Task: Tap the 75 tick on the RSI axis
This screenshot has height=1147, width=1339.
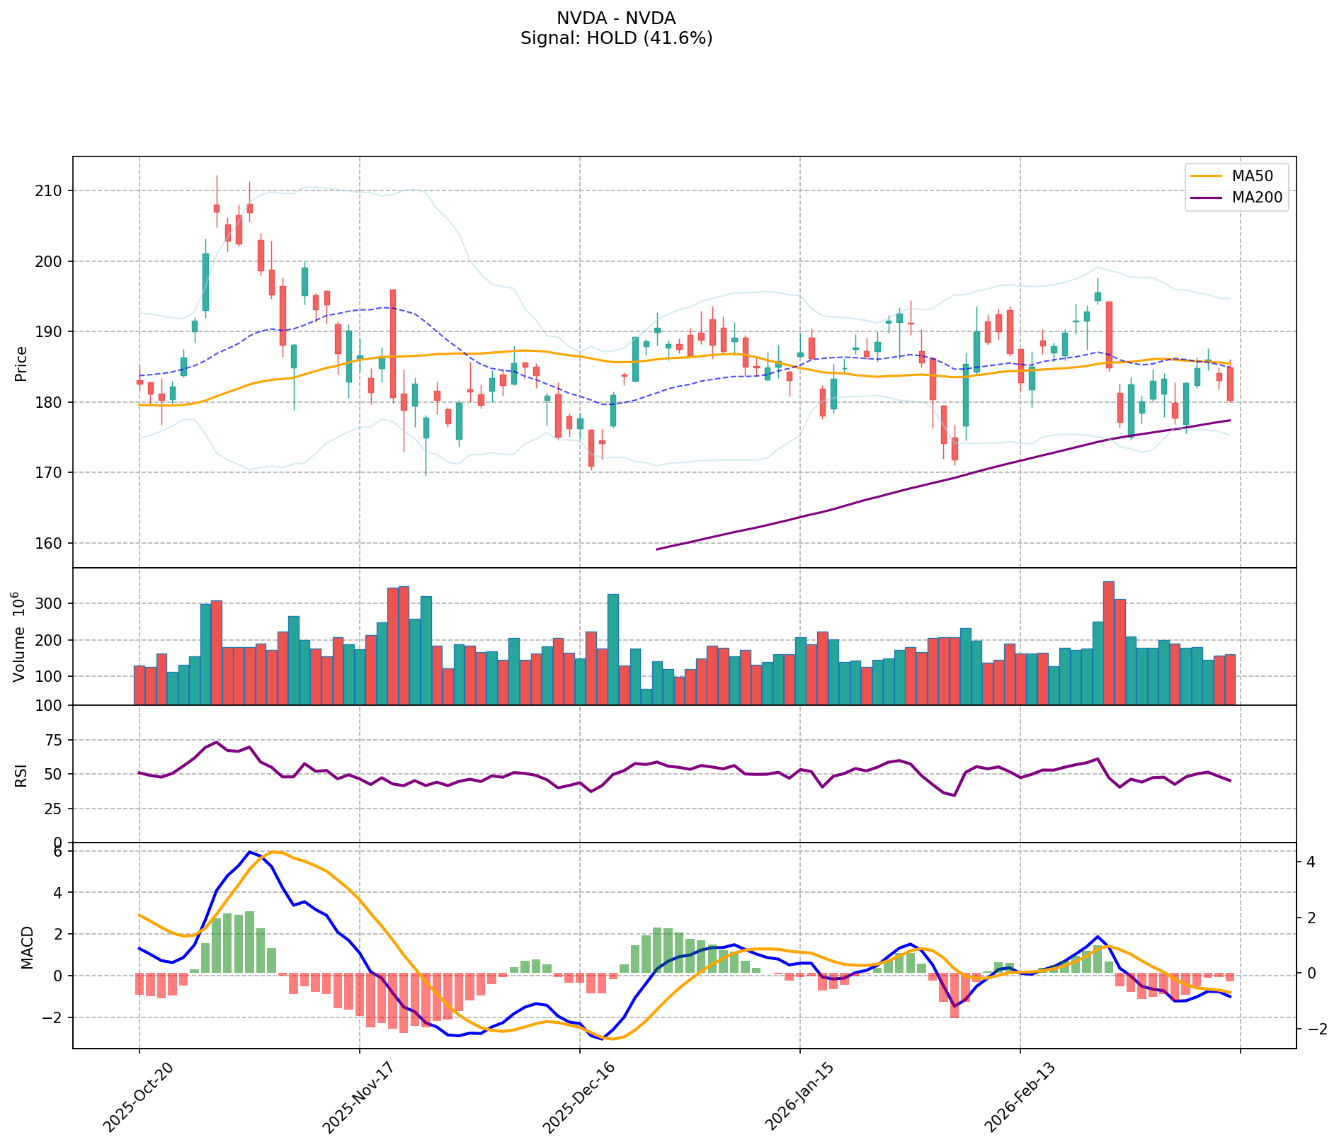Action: tap(55, 741)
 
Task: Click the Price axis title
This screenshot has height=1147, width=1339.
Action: tap(21, 363)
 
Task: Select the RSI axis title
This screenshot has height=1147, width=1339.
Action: tap(21, 775)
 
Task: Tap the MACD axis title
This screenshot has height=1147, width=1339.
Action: tap(27, 947)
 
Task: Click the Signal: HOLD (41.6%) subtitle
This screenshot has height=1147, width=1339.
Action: tap(616, 38)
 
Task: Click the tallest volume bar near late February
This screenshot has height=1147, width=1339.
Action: tap(1108, 643)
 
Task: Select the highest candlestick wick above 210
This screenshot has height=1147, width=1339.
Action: tap(217, 177)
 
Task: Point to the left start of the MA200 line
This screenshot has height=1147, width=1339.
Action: tap(657, 549)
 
